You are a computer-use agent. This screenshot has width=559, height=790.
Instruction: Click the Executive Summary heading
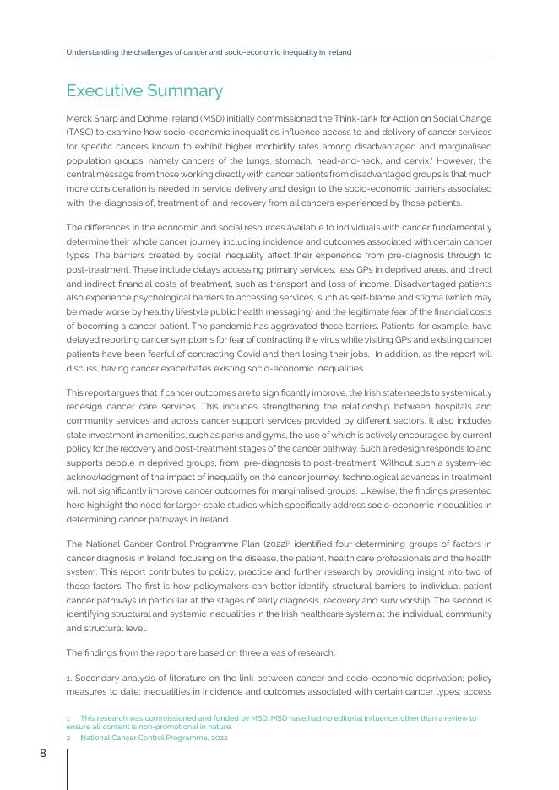pyautogui.click(x=144, y=90)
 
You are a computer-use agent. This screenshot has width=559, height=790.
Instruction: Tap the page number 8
pyautogui.click(x=42, y=754)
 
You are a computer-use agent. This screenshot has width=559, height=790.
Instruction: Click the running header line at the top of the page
pyautogui.click(x=209, y=51)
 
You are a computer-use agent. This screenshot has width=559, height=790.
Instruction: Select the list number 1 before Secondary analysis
pyautogui.click(x=68, y=679)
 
